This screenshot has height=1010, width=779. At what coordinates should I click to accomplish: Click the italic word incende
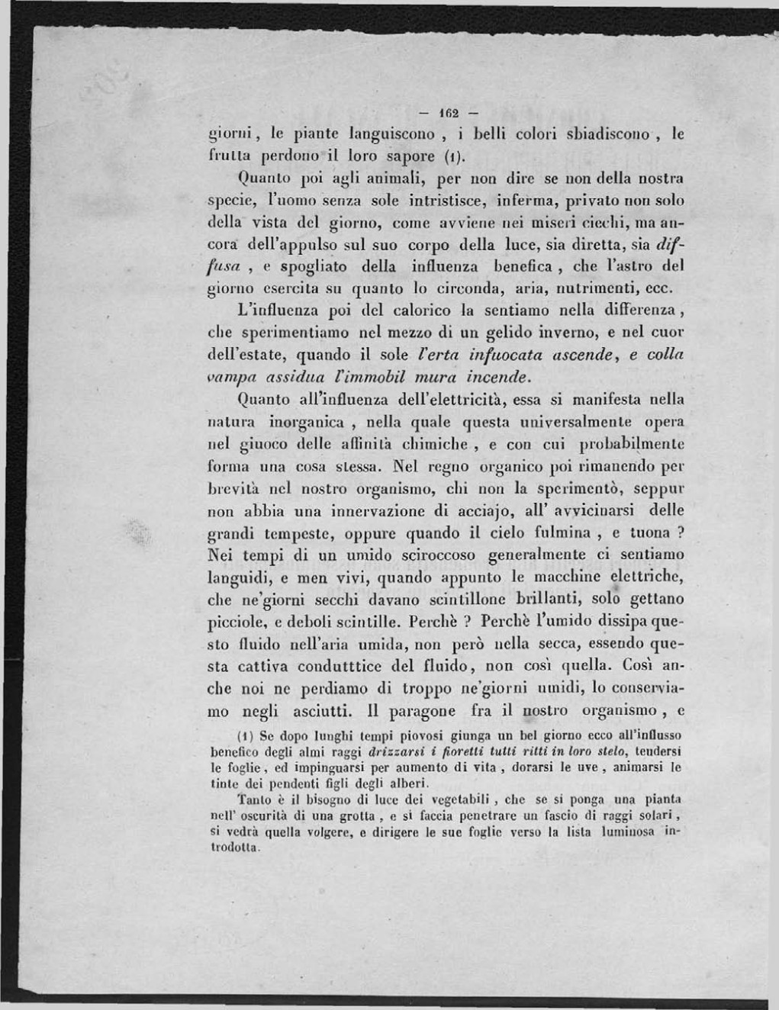[497, 377]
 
